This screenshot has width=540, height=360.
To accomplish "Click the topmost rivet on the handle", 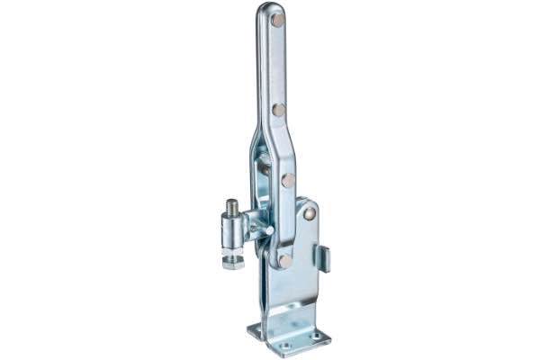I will tap(279, 19).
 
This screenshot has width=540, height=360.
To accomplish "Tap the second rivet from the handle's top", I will tap(279, 110).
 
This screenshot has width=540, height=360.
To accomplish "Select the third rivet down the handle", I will tap(288, 180).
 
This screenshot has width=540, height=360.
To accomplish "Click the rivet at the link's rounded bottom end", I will tap(284, 260).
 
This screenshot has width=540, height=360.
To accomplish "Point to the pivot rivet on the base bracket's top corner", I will tap(310, 213).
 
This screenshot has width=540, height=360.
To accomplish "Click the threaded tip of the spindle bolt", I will tap(232, 206).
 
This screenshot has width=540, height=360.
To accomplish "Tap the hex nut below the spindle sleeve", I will tap(232, 262).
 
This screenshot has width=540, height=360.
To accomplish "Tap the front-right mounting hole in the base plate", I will tap(315, 337).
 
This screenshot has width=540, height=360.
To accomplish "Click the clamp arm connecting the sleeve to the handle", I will tap(255, 221).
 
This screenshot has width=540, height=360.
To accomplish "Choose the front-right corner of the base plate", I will tap(325, 339).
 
